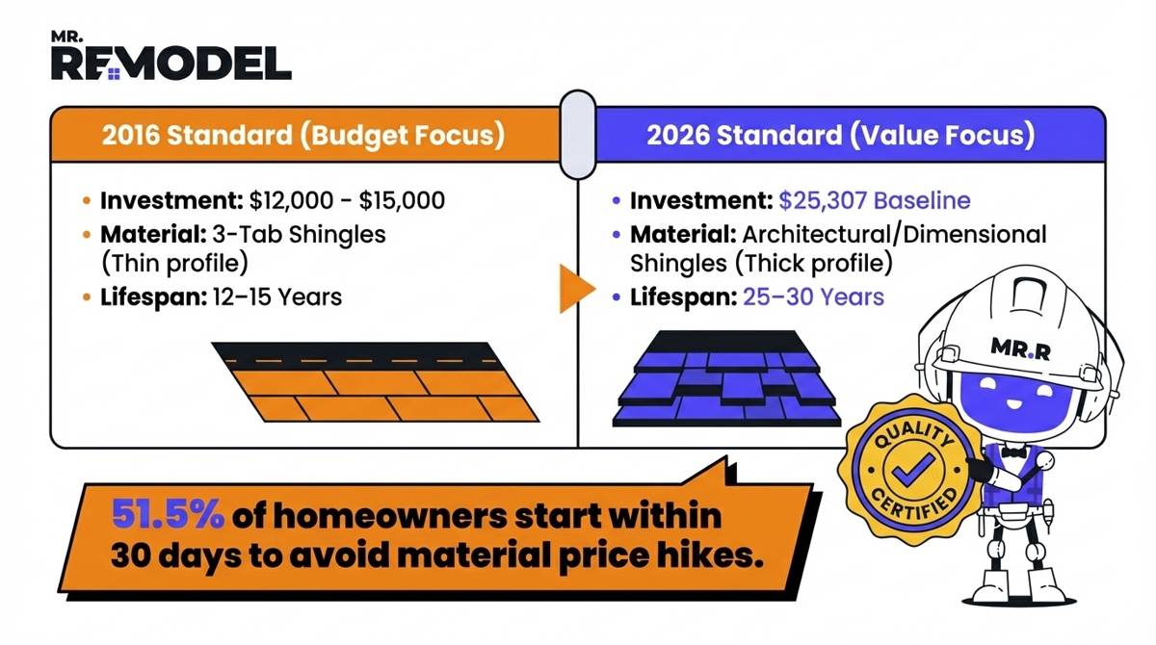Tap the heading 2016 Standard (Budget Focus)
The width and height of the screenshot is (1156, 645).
pyautogui.click(x=303, y=135)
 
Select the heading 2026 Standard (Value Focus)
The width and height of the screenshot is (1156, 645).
pyautogui.click(x=840, y=135)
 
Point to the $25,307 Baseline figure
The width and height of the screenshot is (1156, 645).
pyautogui.click(x=875, y=201)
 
